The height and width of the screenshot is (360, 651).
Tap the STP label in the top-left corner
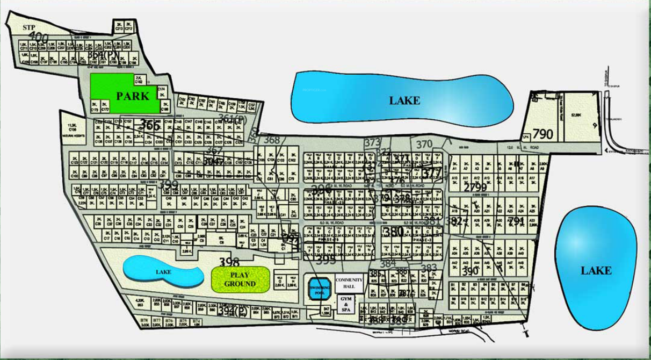[28, 27]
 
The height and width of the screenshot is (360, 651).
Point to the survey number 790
[543, 134]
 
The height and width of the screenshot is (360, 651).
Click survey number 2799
[475, 187]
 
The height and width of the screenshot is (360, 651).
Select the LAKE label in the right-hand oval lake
[596, 270]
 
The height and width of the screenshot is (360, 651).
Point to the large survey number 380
[393, 232]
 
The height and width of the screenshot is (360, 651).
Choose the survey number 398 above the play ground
[229, 262]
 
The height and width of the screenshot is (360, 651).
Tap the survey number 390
[469, 271]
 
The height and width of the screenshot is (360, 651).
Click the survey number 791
[516, 221]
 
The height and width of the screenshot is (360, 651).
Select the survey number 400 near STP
[39, 37]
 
